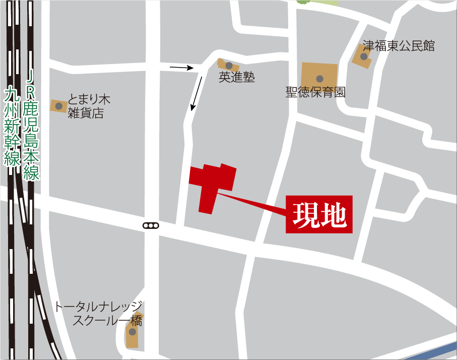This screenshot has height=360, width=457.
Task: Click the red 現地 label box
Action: pos(319,215)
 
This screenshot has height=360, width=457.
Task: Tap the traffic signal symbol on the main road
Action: pos(150,225)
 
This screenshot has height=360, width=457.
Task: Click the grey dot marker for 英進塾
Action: pos(229,66)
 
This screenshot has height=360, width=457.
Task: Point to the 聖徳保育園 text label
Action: pos(316,93)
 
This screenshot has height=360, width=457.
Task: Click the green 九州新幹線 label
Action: pos(12,126)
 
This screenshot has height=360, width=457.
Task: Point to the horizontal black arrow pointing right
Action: pos(182,67)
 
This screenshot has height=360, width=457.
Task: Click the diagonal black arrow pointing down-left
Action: pos(197,94)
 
